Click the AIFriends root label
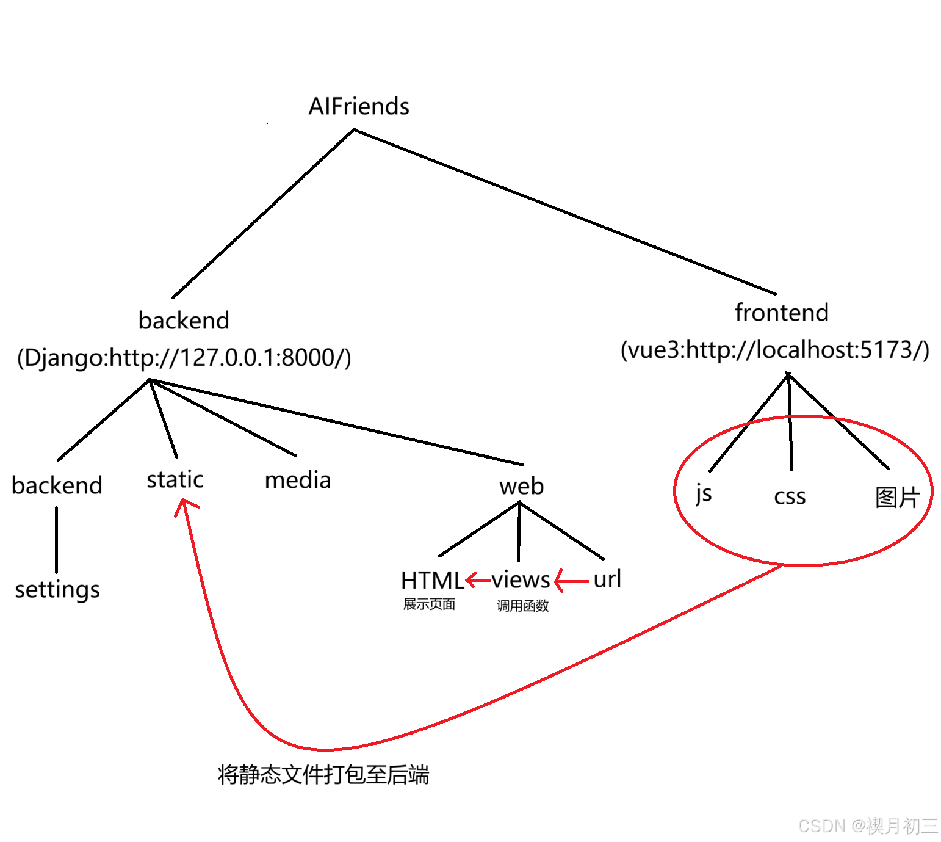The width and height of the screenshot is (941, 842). pyautogui.click(x=359, y=107)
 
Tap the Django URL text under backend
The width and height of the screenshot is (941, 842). pyautogui.click(x=184, y=358)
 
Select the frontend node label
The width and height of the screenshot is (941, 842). pyautogui.click(x=782, y=313)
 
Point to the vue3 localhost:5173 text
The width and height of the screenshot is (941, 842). pyautogui.click(x=775, y=350)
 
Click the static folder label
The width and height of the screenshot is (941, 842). pyautogui.click(x=175, y=480)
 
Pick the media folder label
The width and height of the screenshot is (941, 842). pyautogui.click(x=298, y=481)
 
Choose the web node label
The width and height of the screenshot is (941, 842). pyautogui.click(x=521, y=487)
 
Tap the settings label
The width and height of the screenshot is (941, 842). pyautogui.click(x=57, y=590)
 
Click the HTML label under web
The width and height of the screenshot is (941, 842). pyautogui.click(x=432, y=580)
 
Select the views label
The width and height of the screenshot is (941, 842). pyautogui.click(x=521, y=579)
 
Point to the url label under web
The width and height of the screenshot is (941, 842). pyautogui.click(x=607, y=579)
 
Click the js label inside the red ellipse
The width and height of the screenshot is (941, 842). pyautogui.click(x=704, y=494)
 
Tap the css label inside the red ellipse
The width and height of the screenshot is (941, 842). pyautogui.click(x=790, y=496)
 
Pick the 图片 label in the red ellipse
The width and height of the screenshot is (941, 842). pyautogui.click(x=896, y=498)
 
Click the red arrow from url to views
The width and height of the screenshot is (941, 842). pyautogui.click(x=572, y=581)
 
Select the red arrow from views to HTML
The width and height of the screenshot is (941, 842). pyautogui.click(x=478, y=579)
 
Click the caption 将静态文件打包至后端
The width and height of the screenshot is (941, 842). pyautogui.click(x=323, y=774)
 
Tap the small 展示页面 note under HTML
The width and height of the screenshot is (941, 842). pyautogui.click(x=429, y=604)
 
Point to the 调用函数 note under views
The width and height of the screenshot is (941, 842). pyautogui.click(x=522, y=606)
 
